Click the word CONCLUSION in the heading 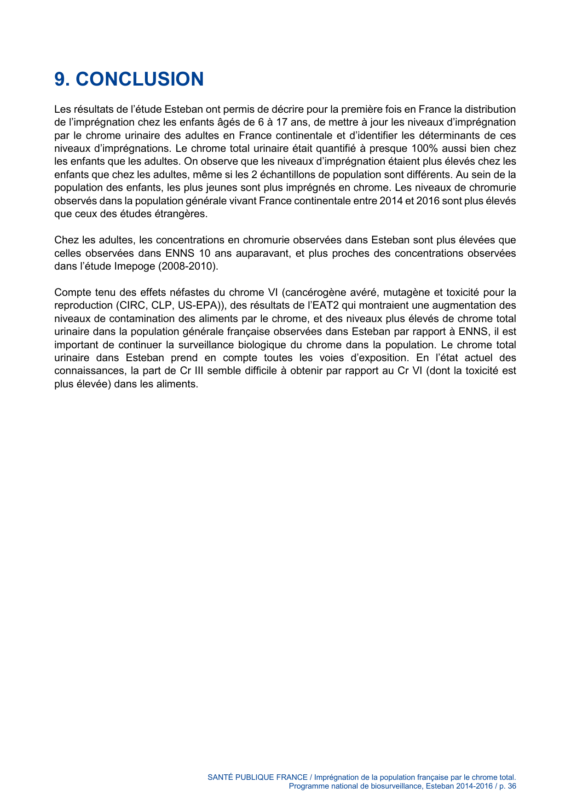pyautogui.click(x=139, y=79)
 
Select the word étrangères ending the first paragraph pyautogui.click(x=182, y=214)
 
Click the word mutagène pyautogui.click(x=404, y=293)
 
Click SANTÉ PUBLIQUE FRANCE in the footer pyautogui.click(x=257, y=777)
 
